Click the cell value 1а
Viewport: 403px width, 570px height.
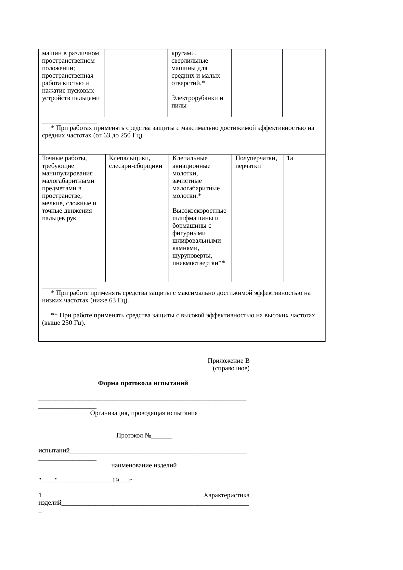290,158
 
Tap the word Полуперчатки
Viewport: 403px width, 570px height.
256,158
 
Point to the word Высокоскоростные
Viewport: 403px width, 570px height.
199,211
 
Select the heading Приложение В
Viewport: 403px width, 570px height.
228,361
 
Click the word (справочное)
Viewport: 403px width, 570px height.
231,368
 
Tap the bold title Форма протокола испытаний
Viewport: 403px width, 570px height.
143,383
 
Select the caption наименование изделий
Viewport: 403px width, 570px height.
144,465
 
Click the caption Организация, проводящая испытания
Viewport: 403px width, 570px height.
144,413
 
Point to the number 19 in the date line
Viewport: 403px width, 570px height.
115,480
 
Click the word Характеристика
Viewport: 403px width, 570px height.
226,495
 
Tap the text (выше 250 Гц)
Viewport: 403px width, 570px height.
64,323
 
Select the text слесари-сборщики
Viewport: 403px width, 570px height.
136,166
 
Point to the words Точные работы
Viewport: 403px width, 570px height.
64,158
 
